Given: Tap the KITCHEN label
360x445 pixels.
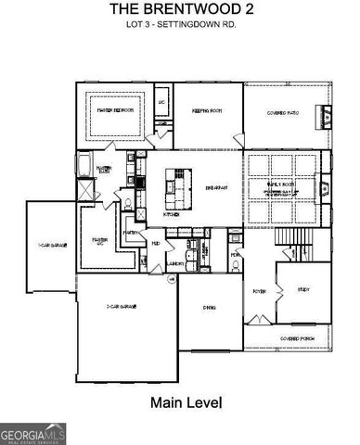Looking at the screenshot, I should click(x=172, y=213).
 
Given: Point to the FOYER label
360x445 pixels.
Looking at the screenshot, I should click(x=259, y=290).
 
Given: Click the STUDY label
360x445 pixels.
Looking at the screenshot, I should click(x=304, y=290).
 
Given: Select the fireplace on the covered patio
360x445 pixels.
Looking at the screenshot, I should click(x=324, y=116).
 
